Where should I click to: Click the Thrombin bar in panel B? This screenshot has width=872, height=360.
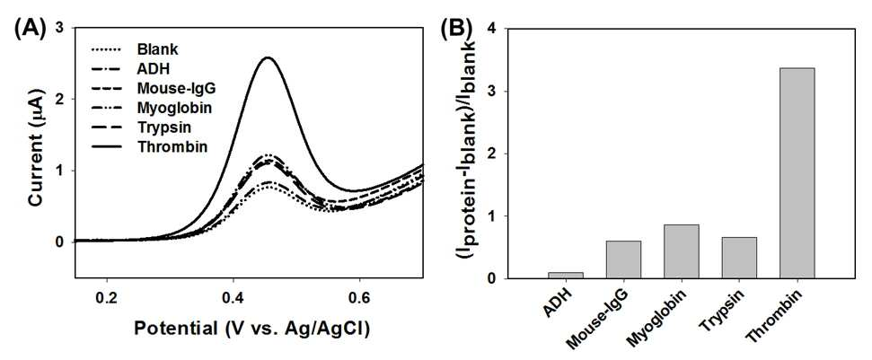coord(797,172)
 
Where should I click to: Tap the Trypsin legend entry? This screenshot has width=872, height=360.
coord(141,127)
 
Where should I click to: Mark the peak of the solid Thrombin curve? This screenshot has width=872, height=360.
coord(268,57)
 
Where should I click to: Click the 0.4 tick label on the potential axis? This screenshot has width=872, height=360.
coord(233,294)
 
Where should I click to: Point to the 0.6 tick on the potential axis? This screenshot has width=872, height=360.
coord(359,294)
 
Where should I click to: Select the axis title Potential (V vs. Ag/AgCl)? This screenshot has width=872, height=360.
coord(252,329)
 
